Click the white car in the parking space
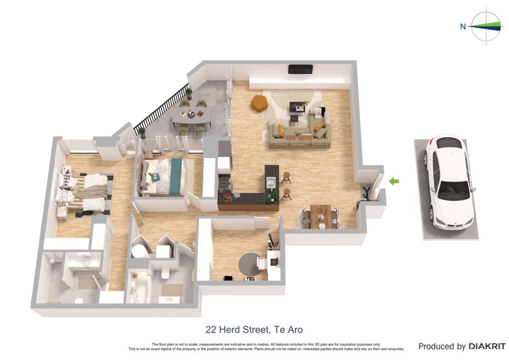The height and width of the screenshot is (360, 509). click(x=450, y=182)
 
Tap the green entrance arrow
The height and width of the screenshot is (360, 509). click(x=394, y=181)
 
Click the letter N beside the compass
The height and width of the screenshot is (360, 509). click(x=463, y=27)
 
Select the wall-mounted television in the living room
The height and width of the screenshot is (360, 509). click(x=301, y=69)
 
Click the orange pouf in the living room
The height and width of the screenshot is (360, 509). click(x=259, y=103)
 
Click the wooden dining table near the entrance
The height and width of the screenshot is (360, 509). click(x=321, y=216)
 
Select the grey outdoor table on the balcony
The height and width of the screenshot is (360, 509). click(x=192, y=116)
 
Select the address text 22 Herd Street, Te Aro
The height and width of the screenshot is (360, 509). click(x=254, y=330)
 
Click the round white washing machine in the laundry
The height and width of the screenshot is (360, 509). click(x=140, y=251)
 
